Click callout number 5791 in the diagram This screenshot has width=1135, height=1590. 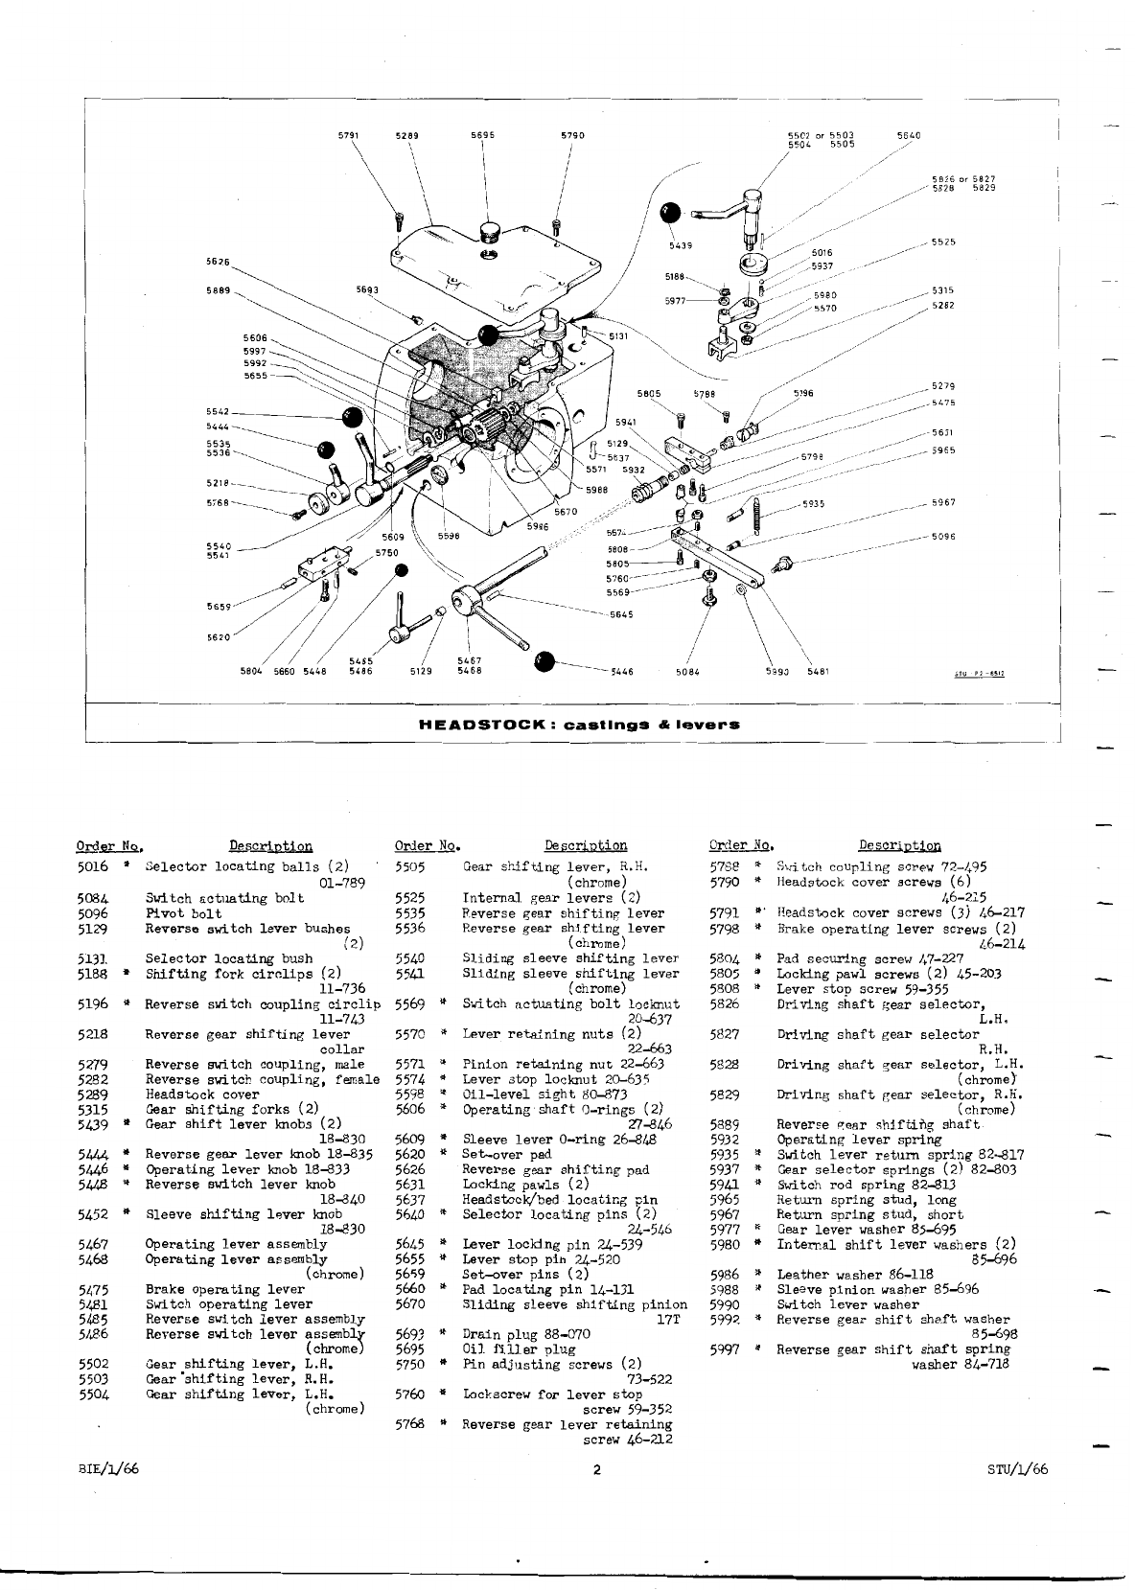coord(348,135)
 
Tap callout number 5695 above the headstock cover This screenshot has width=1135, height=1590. coord(482,135)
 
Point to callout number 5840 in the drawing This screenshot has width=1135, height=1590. coord(908,135)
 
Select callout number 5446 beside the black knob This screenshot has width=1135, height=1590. coord(623,671)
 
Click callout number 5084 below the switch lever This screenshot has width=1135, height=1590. coord(686,671)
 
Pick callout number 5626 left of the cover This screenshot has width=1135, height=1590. coord(218,260)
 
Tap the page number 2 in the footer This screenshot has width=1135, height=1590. coord(596,1470)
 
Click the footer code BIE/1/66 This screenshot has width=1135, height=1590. coord(110,1469)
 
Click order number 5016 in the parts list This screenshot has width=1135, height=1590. coord(94,866)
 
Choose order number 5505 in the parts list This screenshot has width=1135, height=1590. coord(410,866)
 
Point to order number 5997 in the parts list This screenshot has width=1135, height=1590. coord(725,1349)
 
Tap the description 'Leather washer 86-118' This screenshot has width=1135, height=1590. coord(844,1275)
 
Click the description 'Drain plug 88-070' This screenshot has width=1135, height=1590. coord(526,1333)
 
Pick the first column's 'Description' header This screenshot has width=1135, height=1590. coord(270,845)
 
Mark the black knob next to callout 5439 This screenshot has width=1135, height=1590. coord(672,213)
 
